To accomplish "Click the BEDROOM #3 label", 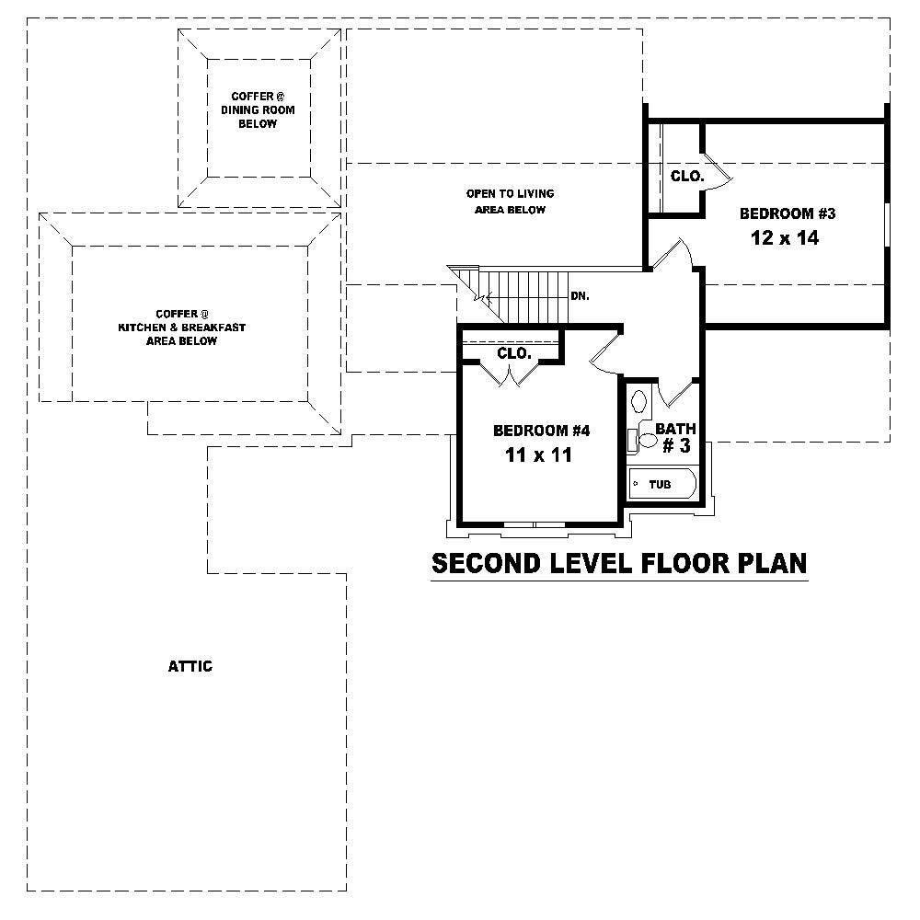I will (x=787, y=213).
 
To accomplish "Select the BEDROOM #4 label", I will (x=541, y=430).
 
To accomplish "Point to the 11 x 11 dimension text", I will (x=539, y=454).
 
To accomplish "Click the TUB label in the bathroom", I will (x=660, y=484).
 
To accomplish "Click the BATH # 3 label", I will (x=676, y=437).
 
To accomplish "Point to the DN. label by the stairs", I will (x=580, y=296).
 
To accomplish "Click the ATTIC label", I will (x=190, y=666).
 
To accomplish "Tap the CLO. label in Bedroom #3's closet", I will (x=686, y=175).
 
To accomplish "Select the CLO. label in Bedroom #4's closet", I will (x=512, y=353).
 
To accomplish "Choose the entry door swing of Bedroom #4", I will (x=603, y=354).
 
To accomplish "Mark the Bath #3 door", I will (x=677, y=391).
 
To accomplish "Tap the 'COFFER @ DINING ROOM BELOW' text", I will (x=258, y=109).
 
